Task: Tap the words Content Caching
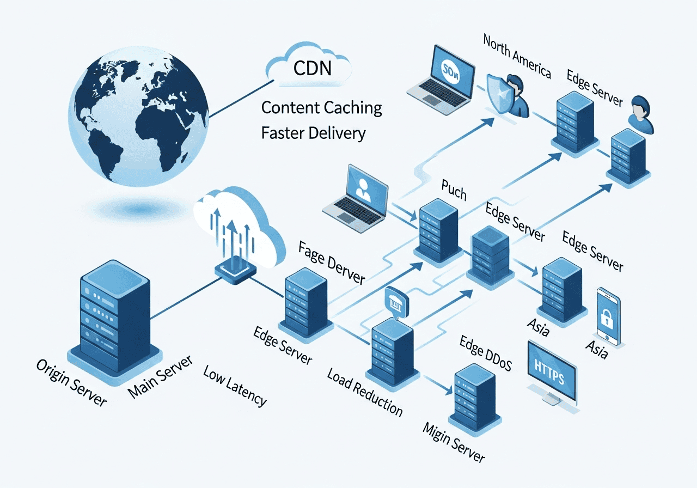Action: click(x=321, y=107)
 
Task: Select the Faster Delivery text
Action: click(x=313, y=133)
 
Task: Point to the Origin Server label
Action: click(x=71, y=382)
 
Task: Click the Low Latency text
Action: click(x=235, y=386)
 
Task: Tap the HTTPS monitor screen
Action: click(x=552, y=373)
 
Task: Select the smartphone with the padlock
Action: click(x=608, y=316)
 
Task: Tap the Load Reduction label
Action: click(x=365, y=392)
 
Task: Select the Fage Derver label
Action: click(x=332, y=264)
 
